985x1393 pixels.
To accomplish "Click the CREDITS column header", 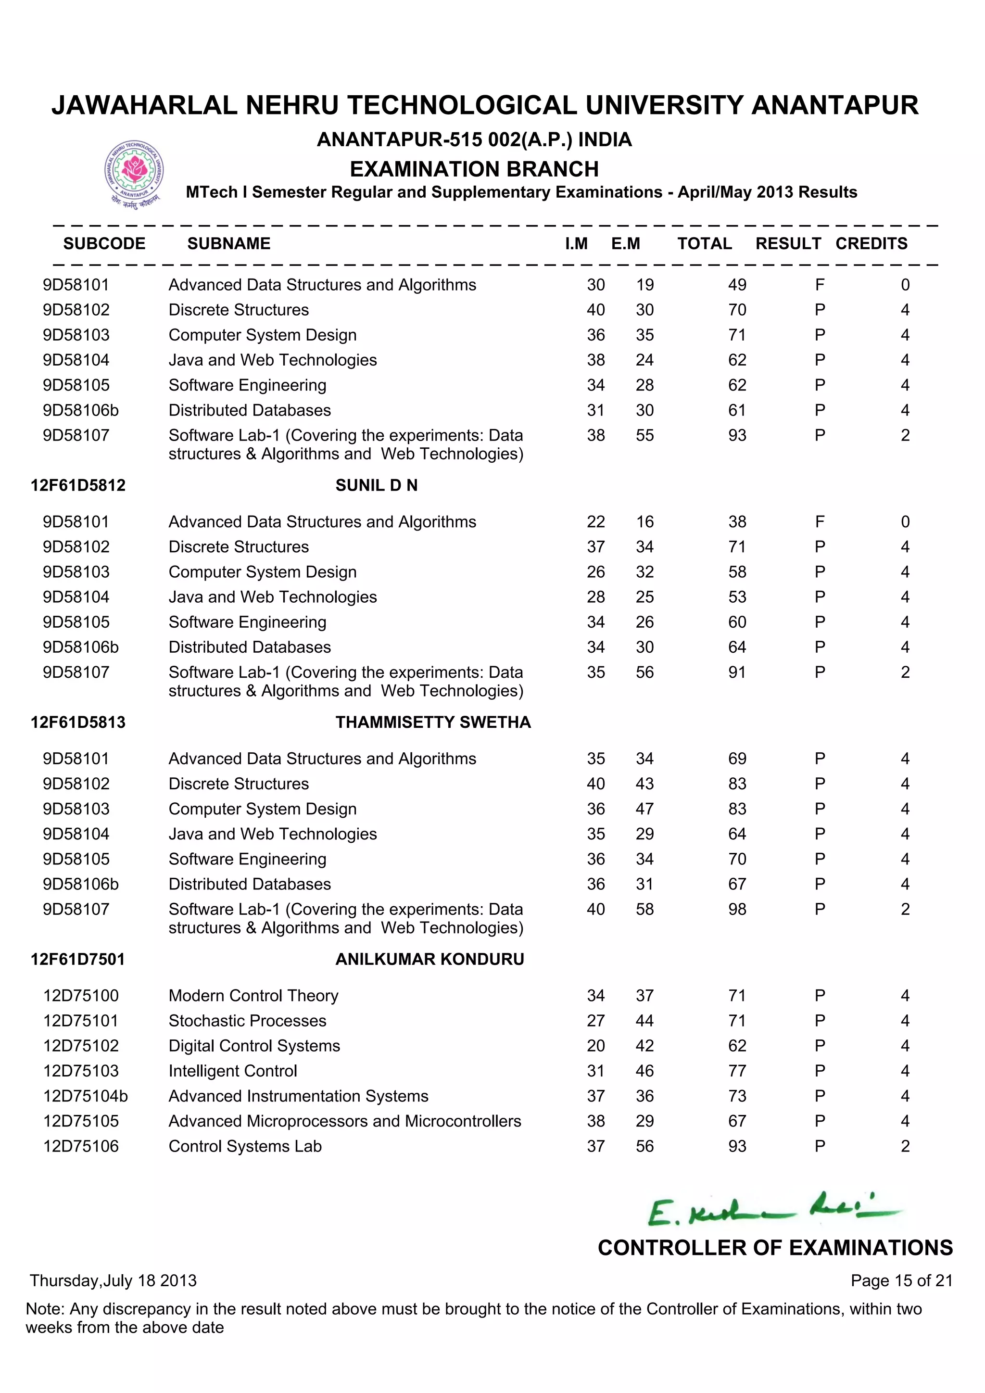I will (871, 243).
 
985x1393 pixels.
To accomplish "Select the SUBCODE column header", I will (104, 243).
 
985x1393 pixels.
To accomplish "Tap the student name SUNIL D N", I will (376, 485).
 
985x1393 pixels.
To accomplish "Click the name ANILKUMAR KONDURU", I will (429, 959).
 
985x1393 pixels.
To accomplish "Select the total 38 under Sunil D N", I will (737, 522).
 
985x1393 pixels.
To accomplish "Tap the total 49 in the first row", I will (737, 285).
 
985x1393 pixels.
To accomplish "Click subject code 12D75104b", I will (85, 1096).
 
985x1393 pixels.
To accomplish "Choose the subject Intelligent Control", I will (232, 1071).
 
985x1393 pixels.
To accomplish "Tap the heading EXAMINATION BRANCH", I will (474, 169).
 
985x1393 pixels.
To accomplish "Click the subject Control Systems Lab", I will (244, 1146).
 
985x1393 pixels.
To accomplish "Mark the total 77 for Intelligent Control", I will (737, 1071).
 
